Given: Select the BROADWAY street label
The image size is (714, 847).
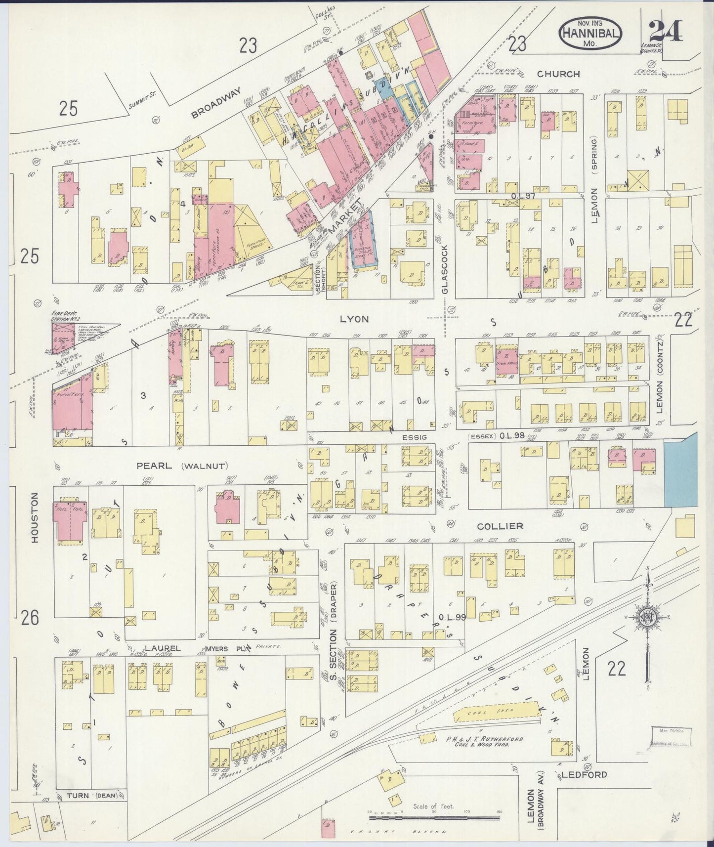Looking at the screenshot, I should tap(216, 103).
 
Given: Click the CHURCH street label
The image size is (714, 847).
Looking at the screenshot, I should tap(558, 74).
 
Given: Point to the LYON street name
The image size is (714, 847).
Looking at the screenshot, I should tap(354, 319).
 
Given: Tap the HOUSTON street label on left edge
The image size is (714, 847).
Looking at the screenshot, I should tap(35, 517).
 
